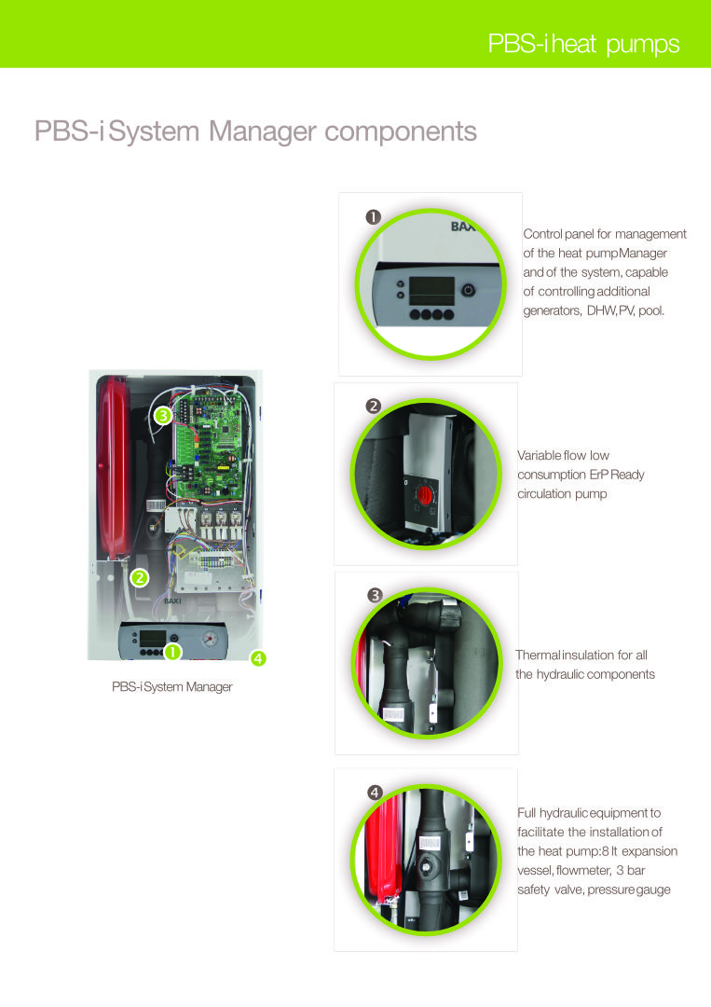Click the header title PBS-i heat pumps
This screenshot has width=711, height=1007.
[x=583, y=44]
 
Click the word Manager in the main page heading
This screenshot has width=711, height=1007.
[x=263, y=131]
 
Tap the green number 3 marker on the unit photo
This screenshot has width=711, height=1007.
[x=163, y=416]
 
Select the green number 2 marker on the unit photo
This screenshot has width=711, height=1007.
[x=139, y=577]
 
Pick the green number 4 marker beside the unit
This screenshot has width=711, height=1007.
[x=258, y=657]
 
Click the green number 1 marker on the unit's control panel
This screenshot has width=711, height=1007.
[x=172, y=652]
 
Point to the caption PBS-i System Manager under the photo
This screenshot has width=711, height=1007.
[x=172, y=686]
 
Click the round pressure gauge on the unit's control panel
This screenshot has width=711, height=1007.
[x=210, y=639]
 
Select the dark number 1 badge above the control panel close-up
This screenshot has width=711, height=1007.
[x=373, y=217]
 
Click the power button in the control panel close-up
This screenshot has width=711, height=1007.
[x=469, y=290]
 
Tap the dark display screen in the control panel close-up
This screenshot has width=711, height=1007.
[x=431, y=291]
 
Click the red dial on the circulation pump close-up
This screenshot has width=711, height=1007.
[x=424, y=495]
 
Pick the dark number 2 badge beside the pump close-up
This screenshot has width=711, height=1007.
[x=373, y=406]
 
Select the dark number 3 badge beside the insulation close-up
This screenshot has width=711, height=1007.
[x=375, y=595]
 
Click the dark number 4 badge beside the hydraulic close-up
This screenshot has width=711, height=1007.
[x=375, y=793]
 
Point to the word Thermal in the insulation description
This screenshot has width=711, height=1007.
[x=538, y=655]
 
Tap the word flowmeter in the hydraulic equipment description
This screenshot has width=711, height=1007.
[x=584, y=871]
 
